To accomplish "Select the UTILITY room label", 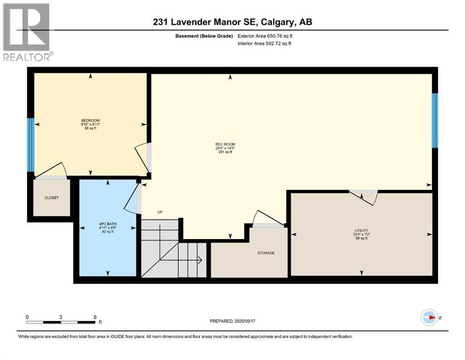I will click(x=361, y=231).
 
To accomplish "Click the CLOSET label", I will click(x=52, y=198).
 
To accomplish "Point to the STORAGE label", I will click(x=266, y=253).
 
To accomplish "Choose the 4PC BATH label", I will click(x=108, y=224).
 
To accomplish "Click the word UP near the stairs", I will click(x=160, y=212).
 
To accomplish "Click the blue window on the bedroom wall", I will click(x=30, y=145).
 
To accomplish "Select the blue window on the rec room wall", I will click(x=435, y=120).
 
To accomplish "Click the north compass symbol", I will click(x=429, y=317).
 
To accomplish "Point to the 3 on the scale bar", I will click(x=61, y=317).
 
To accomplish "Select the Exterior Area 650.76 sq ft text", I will click(x=268, y=36).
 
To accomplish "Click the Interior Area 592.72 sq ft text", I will click(x=267, y=44).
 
